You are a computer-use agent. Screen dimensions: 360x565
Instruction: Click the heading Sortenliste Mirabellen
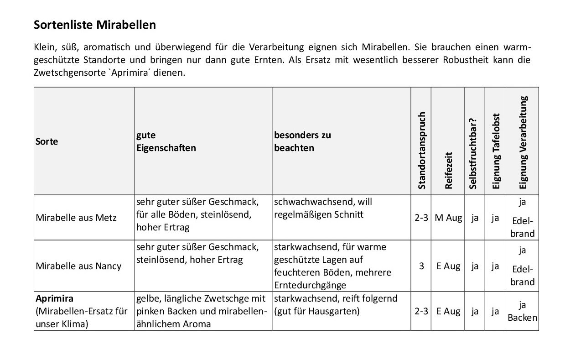click(95, 25)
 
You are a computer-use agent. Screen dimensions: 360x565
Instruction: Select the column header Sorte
click(47, 141)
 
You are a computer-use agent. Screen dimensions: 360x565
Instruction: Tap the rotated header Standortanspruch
click(421, 151)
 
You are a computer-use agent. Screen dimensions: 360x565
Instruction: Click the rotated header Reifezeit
click(448, 170)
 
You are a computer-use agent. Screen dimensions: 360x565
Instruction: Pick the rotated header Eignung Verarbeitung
click(523, 142)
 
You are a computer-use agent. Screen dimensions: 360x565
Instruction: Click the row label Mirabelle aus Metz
click(76, 218)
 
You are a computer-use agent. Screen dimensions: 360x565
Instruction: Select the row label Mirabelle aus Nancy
click(78, 266)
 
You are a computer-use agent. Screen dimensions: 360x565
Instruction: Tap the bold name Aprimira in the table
click(54, 299)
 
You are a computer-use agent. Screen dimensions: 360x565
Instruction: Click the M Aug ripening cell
click(448, 218)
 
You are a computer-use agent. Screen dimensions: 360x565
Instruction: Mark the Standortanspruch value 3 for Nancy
click(421, 266)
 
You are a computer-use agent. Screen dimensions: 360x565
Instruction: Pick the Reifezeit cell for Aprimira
click(448, 312)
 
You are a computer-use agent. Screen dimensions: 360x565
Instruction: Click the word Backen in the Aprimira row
click(522, 318)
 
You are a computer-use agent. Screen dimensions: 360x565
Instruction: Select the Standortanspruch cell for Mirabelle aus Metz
click(421, 218)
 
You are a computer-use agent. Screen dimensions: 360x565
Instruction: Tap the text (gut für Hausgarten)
click(317, 312)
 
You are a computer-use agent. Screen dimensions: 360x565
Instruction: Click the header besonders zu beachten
click(302, 141)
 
